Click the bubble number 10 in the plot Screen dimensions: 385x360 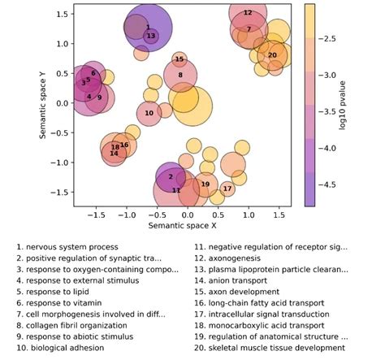[x=149, y=113]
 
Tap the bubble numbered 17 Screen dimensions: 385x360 [x=227, y=189]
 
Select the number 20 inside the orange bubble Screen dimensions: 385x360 [x=272, y=55]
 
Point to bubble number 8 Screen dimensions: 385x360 [x=180, y=75]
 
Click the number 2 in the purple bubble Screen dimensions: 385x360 [x=171, y=177]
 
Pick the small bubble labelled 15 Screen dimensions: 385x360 [x=180, y=59]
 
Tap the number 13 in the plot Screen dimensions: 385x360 [x=151, y=36]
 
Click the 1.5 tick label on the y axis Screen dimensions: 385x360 [x=63, y=14]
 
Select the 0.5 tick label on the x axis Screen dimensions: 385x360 [x=218, y=215]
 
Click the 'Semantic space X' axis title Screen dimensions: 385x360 [x=182, y=225]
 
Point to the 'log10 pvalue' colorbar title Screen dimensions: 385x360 [x=343, y=106]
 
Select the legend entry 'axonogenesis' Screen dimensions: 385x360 [x=234, y=258]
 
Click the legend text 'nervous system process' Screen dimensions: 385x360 [x=72, y=247]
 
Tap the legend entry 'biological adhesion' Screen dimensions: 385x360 [x=67, y=348]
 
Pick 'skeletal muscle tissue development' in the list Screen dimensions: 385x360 [x=277, y=348]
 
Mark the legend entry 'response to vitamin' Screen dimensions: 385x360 [x=64, y=303]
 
